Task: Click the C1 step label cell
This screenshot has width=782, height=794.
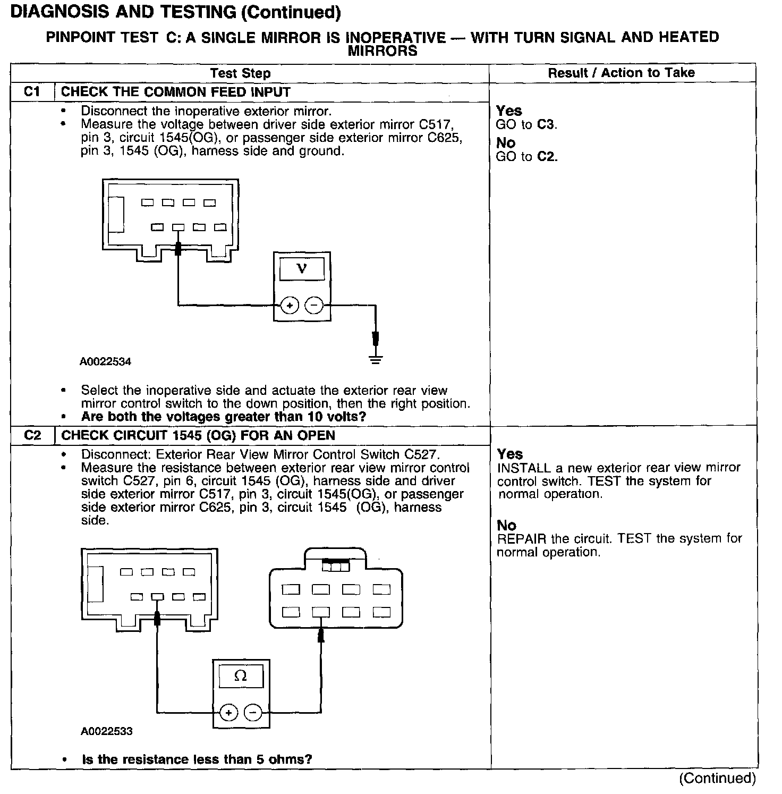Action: tap(32, 92)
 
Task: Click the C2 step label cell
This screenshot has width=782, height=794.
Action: tap(32, 436)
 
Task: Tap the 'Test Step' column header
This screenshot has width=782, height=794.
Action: tap(240, 73)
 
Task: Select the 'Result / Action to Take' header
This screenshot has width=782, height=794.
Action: tap(621, 73)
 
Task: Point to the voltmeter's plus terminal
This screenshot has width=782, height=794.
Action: tap(290, 306)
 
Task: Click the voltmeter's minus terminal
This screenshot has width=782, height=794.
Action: tap(314, 306)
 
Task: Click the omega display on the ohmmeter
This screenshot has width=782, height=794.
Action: tap(241, 676)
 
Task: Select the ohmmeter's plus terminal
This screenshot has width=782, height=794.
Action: tap(228, 712)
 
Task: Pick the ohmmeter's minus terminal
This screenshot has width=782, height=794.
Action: tap(253, 712)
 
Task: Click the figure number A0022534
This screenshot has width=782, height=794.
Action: tap(106, 362)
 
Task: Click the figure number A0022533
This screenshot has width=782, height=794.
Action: tap(106, 731)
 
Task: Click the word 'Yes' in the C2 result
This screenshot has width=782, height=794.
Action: tap(510, 454)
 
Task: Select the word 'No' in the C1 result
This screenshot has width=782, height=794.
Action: tap(506, 143)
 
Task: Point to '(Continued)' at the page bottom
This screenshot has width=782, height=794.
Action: tap(717, 779)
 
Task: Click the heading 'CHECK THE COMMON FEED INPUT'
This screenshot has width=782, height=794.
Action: tap(176, 92)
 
